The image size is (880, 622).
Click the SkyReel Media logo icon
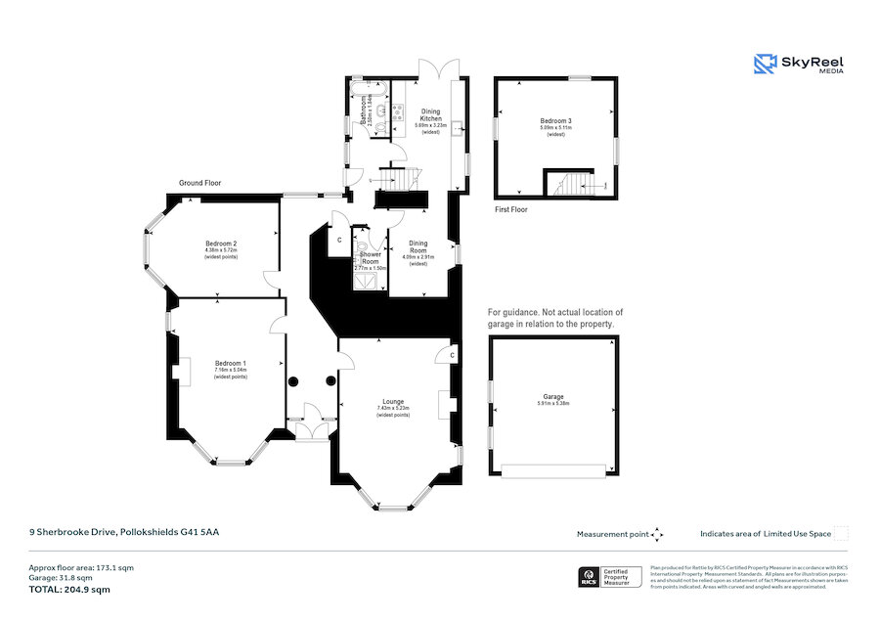tap(765, 64)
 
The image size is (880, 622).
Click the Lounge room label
tap(393, 402)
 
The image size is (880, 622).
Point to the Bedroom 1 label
tap(231, 364)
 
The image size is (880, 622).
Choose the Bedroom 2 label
tap(221, 244)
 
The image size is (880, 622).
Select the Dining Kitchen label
tap(430, 115)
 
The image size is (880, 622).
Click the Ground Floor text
tap(199, 183)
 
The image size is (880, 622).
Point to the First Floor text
tap(512, 210)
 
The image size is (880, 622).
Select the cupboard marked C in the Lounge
tap(452, 356)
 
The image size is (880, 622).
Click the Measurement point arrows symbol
tap(657, 534)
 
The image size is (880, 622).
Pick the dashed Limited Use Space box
tap(841, 533)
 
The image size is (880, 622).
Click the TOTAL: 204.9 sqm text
tap(69, 590)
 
